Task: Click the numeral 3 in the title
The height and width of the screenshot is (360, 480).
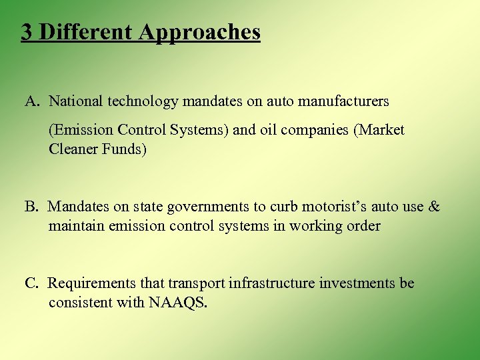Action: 27,31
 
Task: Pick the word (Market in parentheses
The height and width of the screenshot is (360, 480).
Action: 380,130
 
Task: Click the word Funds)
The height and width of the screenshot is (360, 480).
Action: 123,149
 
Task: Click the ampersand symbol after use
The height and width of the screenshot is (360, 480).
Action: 434,207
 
